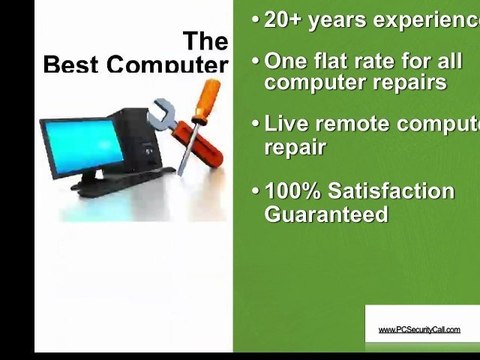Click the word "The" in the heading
pyautogui.click(x=206, y=42)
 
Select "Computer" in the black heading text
pyautogui.click(x=169, y=65)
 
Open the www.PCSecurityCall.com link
pyautogui.click(x=419, y=329)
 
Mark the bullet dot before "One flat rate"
pyautogui.click(x=256, y=62)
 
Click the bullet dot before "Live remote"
pyautogui.click(x=256, y=126)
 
